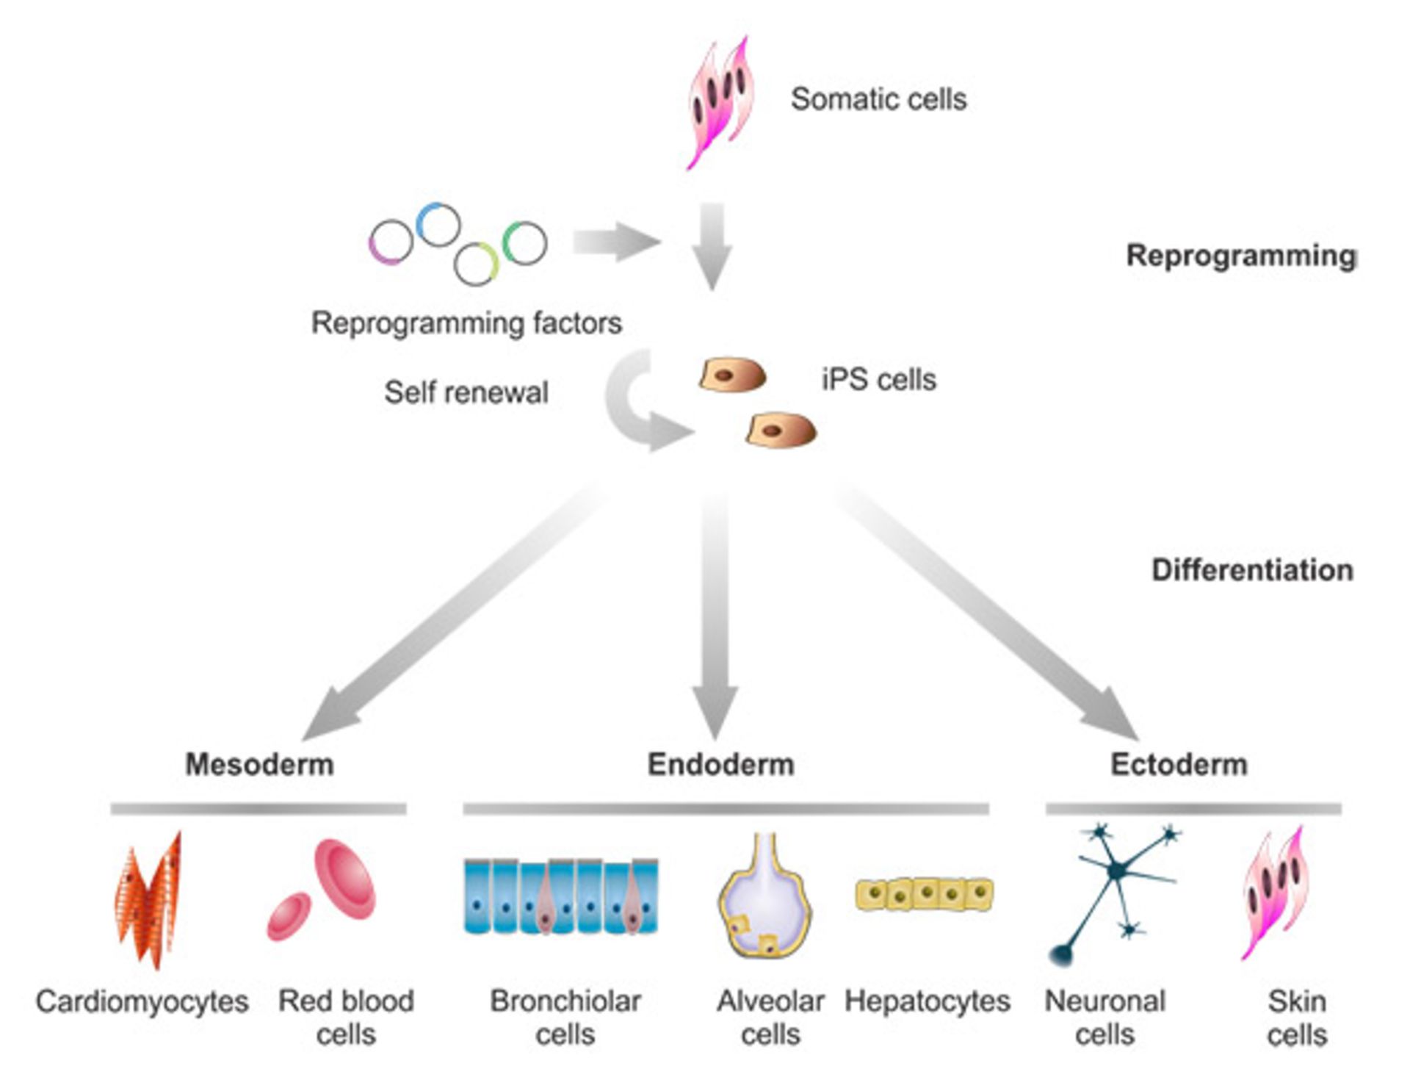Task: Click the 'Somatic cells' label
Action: tap(878, 99)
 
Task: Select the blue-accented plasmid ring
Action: tap(438, 224)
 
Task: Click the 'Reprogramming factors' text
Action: tap(466, 323)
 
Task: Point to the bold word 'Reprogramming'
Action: tap(1241, 256)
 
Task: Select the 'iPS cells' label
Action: tap(878, 380)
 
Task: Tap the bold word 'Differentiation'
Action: tap(1252, 570)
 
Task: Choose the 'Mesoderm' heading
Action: tap(259, 764)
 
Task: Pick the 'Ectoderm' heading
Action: tap(1179, 764)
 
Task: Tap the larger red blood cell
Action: tap(345, 878)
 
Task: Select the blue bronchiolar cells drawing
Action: tap(562, 896)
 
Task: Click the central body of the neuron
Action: tap(1116, 871)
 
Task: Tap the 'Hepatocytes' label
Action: tap(927, 1001)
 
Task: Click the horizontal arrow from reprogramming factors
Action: tap(615, 242)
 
